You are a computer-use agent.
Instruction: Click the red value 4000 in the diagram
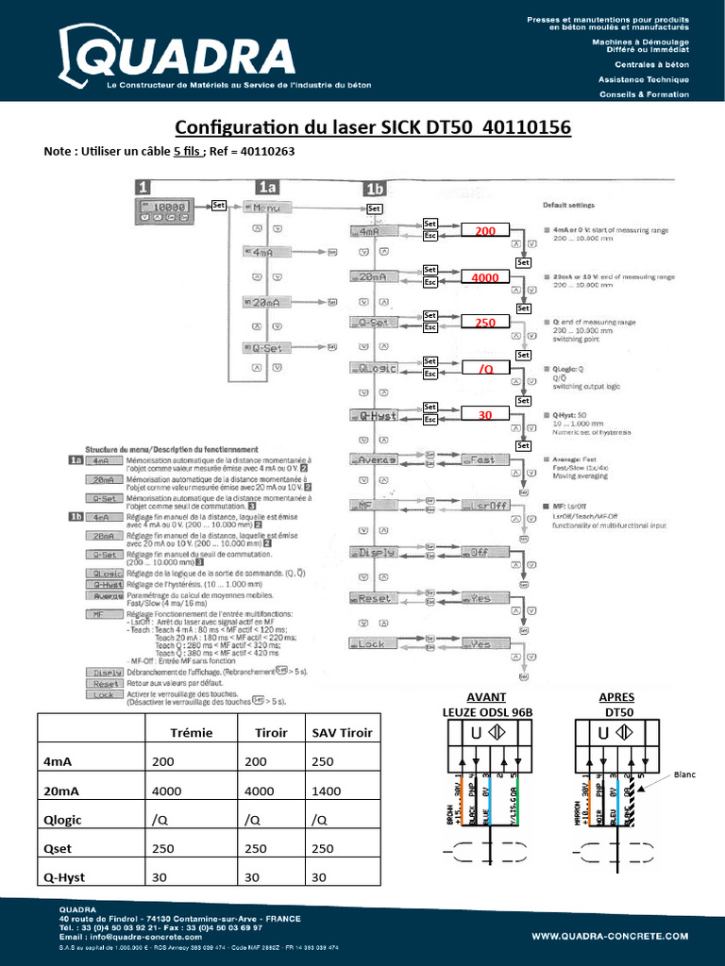point(484,277)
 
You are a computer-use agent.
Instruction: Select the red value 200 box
point(484,231)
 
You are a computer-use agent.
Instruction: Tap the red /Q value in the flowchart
point(484,369)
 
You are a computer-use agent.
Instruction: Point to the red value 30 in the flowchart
point(484,415)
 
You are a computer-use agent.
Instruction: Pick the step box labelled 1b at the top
point(374,188)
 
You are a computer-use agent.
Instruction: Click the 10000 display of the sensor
point(167,206)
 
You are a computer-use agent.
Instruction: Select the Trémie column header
point(191,732)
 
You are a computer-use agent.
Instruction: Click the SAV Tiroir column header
point(342,732)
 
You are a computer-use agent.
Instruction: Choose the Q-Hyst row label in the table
point(64,876)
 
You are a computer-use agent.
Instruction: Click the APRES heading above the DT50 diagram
point(616,696)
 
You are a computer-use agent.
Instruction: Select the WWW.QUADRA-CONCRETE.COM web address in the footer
point(610,937)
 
